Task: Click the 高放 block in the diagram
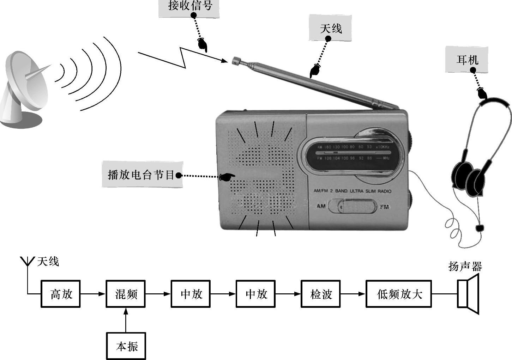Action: (61, 294)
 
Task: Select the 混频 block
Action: (126, 294)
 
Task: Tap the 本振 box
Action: (126, 346)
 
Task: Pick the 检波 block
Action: (320, 294)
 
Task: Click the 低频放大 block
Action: (399, 294)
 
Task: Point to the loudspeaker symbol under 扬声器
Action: (468, 294)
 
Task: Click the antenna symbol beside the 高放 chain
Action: (27, 263)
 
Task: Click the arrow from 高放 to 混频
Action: (93, 294)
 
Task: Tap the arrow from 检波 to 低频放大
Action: (353, 294)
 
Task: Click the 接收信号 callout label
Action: (189, 6)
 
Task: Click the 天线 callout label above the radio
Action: (330, 28)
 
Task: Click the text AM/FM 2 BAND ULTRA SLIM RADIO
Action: (352, 191)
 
